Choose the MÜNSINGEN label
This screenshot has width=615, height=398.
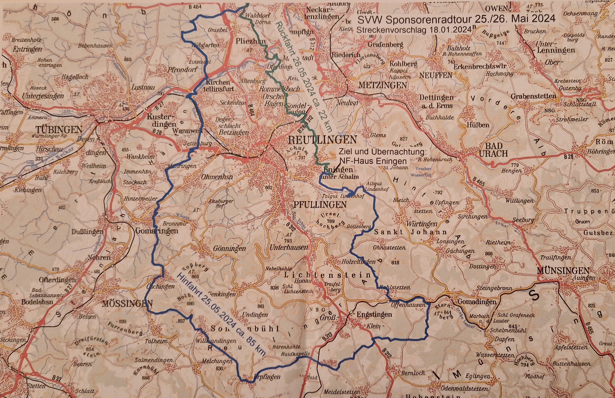(x=563, y=271)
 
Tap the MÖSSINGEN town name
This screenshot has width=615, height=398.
(x=127, y=303)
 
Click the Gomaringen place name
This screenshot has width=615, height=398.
(x=157, y=230)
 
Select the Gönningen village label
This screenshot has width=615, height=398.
(x=229, y=248)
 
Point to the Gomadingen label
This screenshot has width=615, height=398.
(x=477, y=302)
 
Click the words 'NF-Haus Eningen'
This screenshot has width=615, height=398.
(x=373, y=161)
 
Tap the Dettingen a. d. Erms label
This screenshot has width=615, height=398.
(x=436, y=101)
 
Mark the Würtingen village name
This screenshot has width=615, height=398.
(x=422, y=224)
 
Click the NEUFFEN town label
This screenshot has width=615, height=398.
(x=436, y=75)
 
